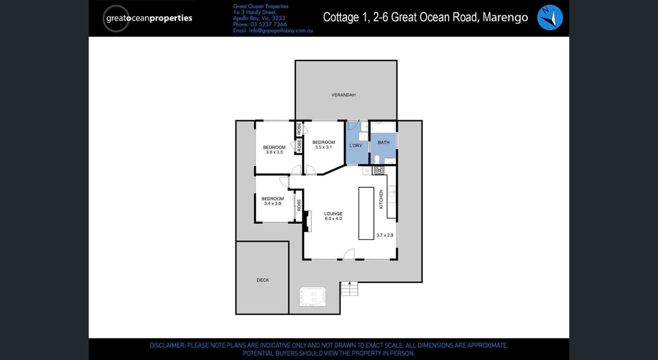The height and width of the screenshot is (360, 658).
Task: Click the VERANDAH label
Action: tap(343, 95)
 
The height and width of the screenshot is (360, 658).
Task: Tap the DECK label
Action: tap(263, 280)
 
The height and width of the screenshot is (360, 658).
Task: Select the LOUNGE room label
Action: tap(333, 214)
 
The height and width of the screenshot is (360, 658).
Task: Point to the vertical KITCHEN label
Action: tap(381, 199)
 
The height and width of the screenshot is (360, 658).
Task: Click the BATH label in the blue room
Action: tap(384, 142)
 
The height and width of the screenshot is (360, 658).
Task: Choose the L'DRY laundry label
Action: tap(356, 146)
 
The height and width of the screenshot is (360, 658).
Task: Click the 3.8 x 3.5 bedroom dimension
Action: tap(274, 152)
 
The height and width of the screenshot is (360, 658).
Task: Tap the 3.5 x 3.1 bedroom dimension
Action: tap(323, 147)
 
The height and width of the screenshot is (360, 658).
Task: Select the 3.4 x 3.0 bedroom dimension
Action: tap(273, 203)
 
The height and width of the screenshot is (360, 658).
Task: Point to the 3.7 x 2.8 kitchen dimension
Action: tap(385, 235)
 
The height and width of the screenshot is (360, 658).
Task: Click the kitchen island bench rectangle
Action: tap(366, 213)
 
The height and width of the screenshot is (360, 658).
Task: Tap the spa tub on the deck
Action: tap(313, 297)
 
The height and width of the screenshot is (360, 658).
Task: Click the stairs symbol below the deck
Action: tap(349, 289)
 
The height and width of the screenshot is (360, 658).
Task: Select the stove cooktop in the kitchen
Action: tap(379, 170)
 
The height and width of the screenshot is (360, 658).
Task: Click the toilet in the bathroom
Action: tap(377, 159)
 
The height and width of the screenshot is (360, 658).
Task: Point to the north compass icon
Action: tap(550, 18)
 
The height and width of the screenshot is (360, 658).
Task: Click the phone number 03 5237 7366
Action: tap(269, 24)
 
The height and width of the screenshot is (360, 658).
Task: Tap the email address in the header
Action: tap(281, 31)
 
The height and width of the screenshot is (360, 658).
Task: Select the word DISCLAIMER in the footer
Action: tap(167, 345)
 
